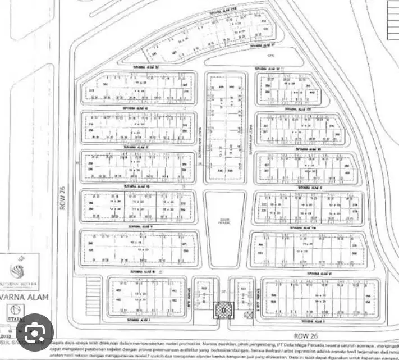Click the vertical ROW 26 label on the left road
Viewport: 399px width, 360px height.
pos(63,199)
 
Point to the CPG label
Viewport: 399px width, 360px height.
pos(270,56)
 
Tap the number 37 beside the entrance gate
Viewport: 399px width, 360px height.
pos(223,293)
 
